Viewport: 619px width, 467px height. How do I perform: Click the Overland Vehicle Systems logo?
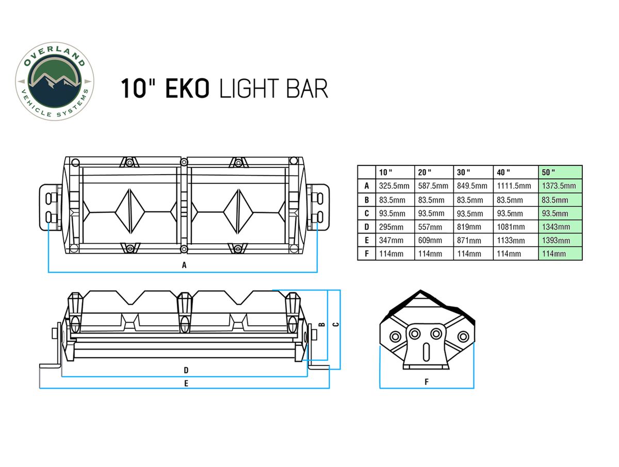coord(55,81)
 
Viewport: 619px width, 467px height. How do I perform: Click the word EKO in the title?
coord(187,89)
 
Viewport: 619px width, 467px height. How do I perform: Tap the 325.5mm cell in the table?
coord(394,186)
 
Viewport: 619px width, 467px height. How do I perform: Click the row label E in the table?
coord(367,241)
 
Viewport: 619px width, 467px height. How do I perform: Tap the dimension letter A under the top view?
coord(184,265)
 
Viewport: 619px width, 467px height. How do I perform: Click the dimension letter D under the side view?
coord(186,370)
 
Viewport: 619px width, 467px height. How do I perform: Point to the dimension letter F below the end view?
coord(427,382)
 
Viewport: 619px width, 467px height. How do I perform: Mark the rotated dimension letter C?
coord(336,325)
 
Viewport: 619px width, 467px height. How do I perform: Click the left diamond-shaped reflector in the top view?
coord(130,211)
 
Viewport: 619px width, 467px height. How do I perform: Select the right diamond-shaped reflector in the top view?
coord(238,211)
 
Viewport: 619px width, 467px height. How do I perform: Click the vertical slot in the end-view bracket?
coord(426,352)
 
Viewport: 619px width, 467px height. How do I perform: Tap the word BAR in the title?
coord(307,89)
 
